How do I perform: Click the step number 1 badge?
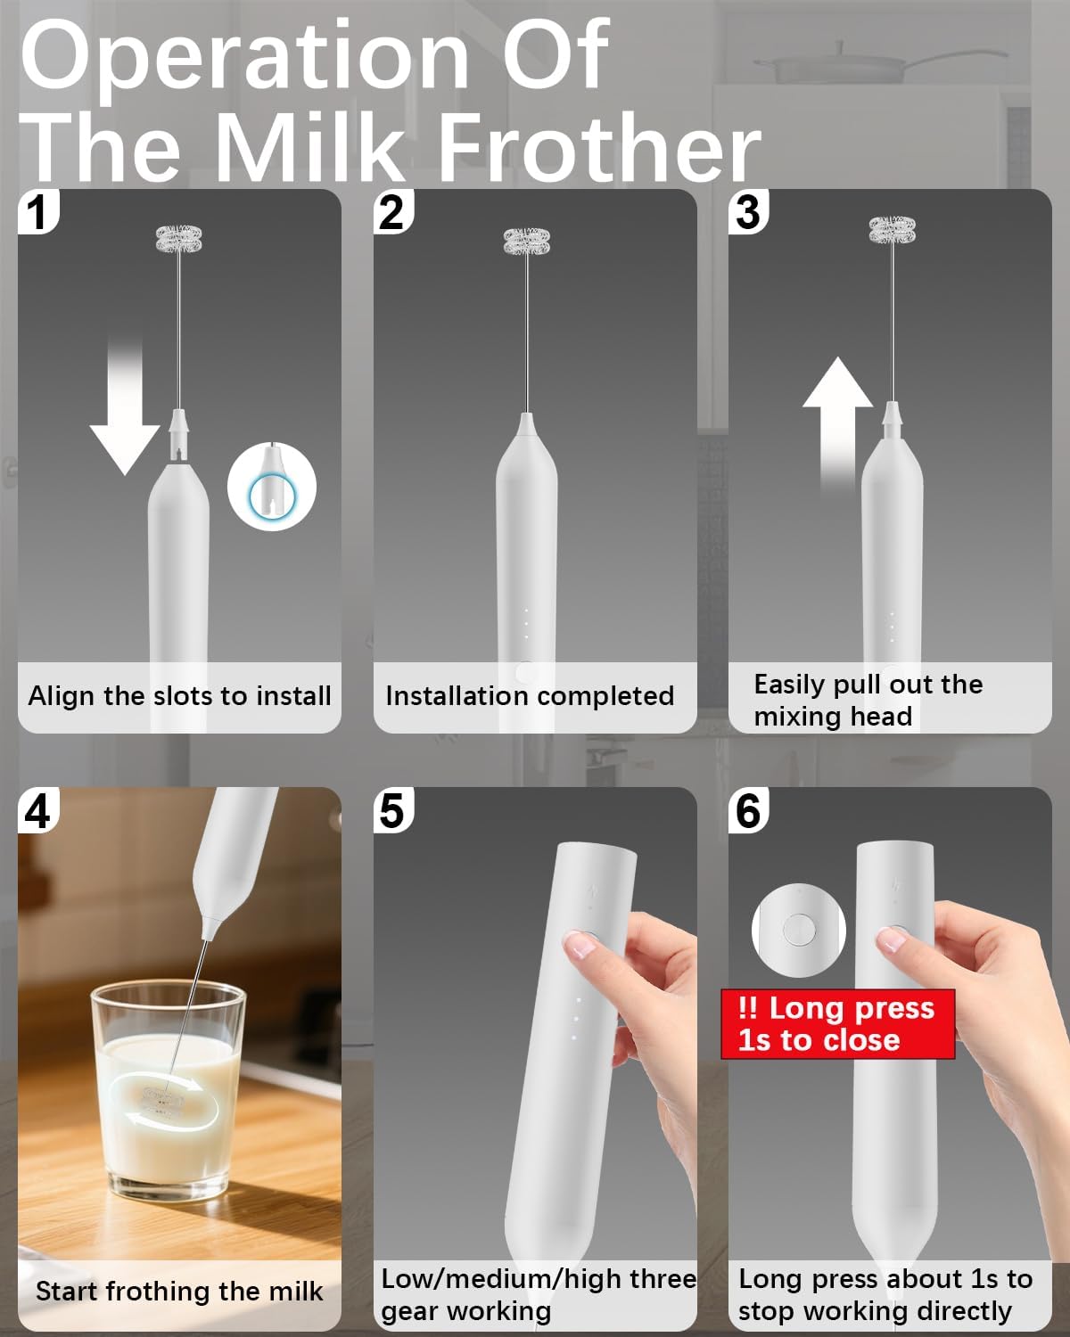[36, 212]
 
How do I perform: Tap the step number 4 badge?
[37, 810]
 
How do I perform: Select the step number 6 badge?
[748, 810]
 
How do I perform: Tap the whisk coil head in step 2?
[526, 240]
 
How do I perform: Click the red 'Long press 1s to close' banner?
[836, 1024]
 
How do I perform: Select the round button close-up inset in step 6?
[798, 930]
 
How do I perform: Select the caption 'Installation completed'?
[530, 696]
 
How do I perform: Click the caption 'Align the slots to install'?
[179, 696]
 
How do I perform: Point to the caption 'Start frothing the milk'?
[179, 1291]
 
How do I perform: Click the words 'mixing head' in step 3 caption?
[832, 717]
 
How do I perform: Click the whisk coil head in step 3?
[893, 231]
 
